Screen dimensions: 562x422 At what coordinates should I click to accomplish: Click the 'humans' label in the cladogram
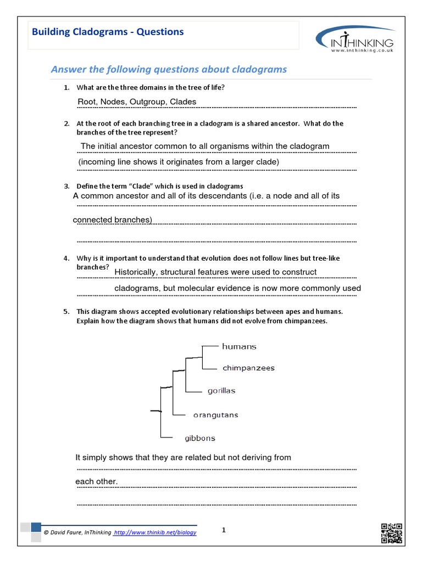coord(239,347)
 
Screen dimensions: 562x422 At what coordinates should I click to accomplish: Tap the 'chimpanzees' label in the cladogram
coord(248,368)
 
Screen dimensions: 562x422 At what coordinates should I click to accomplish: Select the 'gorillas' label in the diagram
coord(221,391)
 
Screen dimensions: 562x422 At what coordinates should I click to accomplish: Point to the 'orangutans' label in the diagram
coord(215,415)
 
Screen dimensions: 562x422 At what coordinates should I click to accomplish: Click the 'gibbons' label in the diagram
coord(199,439)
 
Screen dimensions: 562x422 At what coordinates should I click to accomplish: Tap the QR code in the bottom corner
coord(392,533)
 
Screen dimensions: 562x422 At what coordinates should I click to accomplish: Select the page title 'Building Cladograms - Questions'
coord(108,32)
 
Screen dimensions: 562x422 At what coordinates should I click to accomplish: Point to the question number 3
coord(65,187)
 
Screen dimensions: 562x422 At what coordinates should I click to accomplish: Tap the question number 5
coord(65,311)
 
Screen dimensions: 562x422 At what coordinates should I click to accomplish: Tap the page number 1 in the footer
coord(224,530)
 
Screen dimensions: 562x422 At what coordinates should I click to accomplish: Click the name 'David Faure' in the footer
coord(65,532)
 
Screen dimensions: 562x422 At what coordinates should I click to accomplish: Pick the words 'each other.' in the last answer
coord(96,482)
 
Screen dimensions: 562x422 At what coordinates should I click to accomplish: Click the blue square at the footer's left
coord(36,527)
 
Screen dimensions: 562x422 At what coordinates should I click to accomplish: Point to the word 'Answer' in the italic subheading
coord(65,69)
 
